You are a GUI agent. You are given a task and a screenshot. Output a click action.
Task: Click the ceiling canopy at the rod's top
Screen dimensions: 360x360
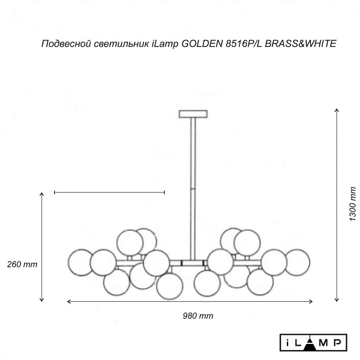pyautogui.click(x=193, y=114)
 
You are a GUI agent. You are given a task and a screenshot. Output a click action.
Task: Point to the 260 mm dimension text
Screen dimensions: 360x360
pyautogui.click(x=22, y=264)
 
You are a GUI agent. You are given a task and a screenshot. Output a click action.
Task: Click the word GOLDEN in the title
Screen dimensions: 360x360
pyautogui.click(x=199, y=43)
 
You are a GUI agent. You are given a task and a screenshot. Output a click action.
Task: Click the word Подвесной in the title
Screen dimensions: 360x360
pyautogui.click(x=63, y=43)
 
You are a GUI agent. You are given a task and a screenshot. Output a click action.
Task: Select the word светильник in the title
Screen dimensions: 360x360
pyautogui.click(x=119, y=43)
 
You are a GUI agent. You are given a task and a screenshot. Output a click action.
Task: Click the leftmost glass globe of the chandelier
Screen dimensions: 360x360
pyautogui.click(x=80, y=262)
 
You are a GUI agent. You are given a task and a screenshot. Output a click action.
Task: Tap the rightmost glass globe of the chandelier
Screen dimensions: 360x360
pyautogui.click(x=297, y=262)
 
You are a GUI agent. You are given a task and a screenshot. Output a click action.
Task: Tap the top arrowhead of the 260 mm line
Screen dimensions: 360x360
pyautogui.click(x=42, y=195)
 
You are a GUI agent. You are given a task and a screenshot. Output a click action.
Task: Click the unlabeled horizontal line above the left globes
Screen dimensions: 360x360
pyautogui.click(x=109, y=193)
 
